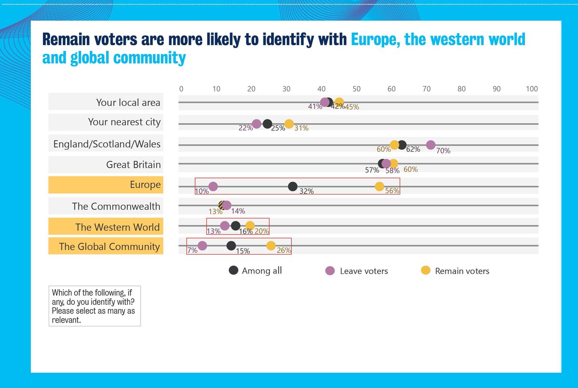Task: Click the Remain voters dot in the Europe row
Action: [x=380, y=187]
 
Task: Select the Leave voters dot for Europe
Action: [x=213, y=187]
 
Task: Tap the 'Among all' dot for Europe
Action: [x=292, y=187]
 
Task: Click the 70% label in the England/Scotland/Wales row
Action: [x=443, y=151]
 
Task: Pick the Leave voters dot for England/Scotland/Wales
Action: [x=431, y=145]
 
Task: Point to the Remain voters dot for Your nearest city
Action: [x=289, y=124]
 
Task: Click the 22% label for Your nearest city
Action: [x=245, y=129]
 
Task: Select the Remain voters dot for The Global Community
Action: [x=271, y=246]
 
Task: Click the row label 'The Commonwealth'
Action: [x=116, y=206]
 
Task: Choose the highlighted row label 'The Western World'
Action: [x=118, y=227]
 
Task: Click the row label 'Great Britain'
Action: [x=133, y=165]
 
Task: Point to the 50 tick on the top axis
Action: [x=356, y=89]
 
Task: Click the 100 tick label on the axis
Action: [x=532, y=89]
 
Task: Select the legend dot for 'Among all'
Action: [x=234, y=270]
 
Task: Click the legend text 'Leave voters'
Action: [x=364, y=271]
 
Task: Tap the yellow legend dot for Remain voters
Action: [x=426, y=271]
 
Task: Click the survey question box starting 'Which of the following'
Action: [x=94, y=306]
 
